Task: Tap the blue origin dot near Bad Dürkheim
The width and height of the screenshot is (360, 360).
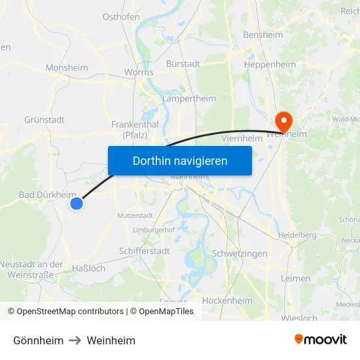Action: [77, 204]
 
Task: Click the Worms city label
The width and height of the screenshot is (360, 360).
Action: [139, 72]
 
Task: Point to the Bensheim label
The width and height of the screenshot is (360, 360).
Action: [262, 35]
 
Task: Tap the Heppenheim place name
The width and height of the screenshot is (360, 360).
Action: [269, 65]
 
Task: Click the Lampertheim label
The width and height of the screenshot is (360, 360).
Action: [189, 98]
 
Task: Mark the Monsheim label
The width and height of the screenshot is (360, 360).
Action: [67, 67]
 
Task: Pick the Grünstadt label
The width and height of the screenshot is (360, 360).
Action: [45, 120]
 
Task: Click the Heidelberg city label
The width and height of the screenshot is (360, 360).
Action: [297, 234]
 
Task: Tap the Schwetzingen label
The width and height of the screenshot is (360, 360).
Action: [240, 253]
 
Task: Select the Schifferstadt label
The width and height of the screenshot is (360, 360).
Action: [145, 251]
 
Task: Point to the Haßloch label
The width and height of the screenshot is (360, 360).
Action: [88, 268]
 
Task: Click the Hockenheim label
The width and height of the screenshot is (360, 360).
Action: [227, 300]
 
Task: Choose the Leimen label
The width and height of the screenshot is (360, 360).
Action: [295, 278]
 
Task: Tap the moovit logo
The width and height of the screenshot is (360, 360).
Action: [321, 339]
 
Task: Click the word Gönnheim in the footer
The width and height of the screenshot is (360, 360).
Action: [39, 340]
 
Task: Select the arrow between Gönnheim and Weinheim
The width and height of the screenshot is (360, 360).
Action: [75, 340]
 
